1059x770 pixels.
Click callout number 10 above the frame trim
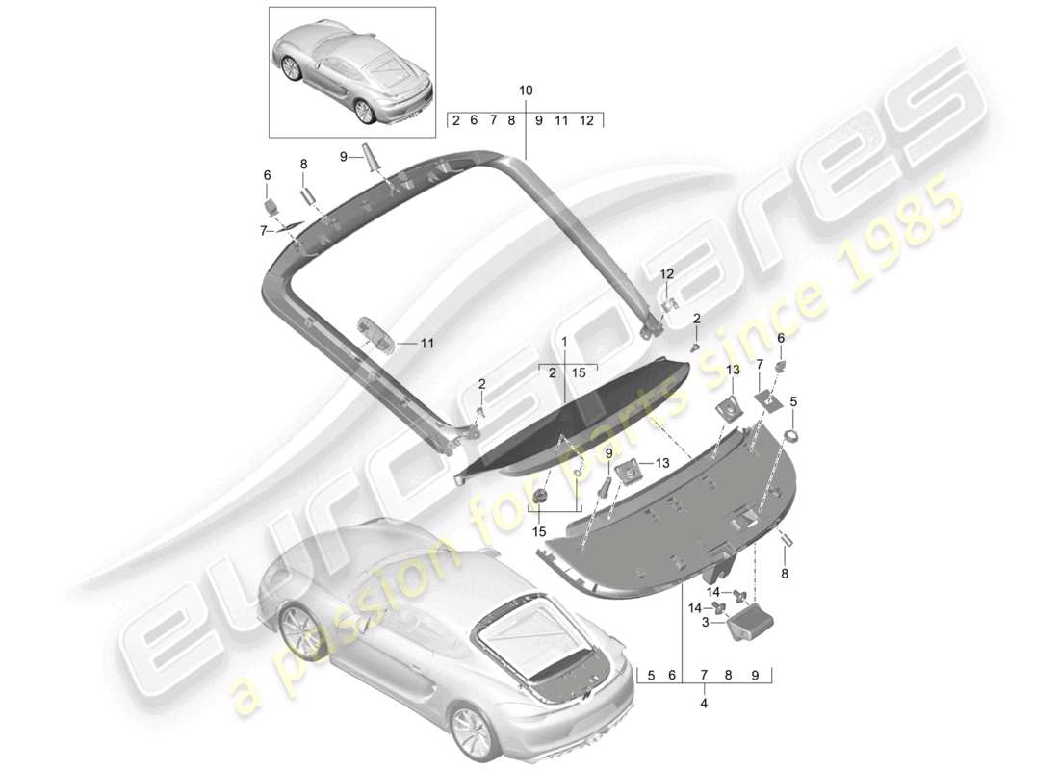(525, 90)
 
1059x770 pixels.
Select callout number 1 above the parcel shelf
(564, 342)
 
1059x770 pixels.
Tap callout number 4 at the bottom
(704, 704)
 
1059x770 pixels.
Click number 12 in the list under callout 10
(586, 120)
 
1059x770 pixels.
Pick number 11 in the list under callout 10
(561, 120)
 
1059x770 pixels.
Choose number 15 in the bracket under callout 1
(579, 372)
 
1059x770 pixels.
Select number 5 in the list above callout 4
(651, 676)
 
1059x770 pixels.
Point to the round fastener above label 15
(540, 496)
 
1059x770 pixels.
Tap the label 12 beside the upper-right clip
(666, 275)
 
